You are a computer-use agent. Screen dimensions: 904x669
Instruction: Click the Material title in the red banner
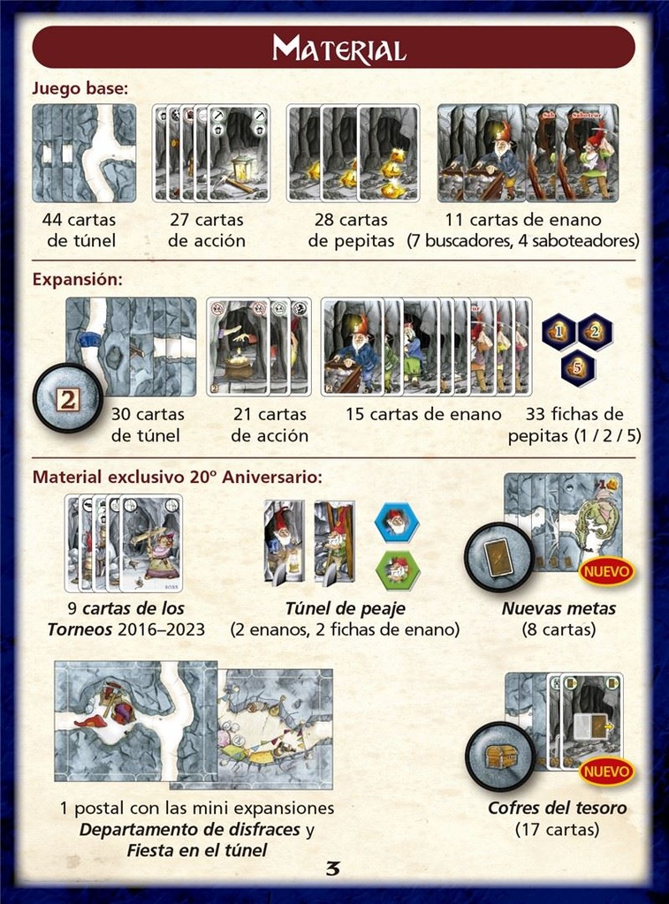[338, 48]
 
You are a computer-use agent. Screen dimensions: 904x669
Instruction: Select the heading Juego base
[80, 88]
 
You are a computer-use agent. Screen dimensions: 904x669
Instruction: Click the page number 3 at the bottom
[333, 869]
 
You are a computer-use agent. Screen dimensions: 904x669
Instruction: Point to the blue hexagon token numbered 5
[577, 367]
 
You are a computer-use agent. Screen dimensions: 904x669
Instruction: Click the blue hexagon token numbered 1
[559, 332]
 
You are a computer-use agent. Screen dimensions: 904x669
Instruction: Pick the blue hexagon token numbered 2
[595, 332]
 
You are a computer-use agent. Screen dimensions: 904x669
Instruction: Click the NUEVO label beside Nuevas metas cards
[607, 571]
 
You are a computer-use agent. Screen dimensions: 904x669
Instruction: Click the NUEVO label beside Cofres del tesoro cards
[607, 771]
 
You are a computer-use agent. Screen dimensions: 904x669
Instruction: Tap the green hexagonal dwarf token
[398, 569]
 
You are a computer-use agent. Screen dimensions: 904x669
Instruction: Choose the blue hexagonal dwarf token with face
[397, 523]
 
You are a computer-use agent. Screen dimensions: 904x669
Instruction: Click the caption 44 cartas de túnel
[80, 230]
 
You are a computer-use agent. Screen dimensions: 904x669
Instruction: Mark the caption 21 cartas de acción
[270, 425]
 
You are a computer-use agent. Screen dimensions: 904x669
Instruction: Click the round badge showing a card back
[498, 558]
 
